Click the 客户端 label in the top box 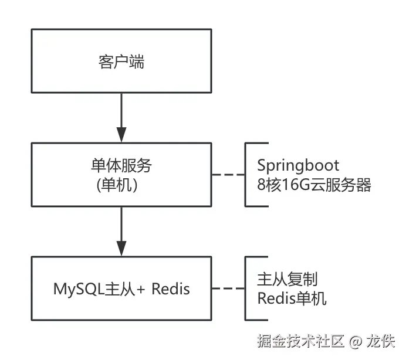tap(121, 62)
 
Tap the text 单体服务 tap(121, 165)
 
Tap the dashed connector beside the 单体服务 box tap(228, 175)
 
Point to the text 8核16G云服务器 tap(314, 185)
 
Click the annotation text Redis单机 tap(292, 298)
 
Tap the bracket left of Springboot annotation tap(246, 175)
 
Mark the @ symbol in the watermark tap(356, 341)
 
